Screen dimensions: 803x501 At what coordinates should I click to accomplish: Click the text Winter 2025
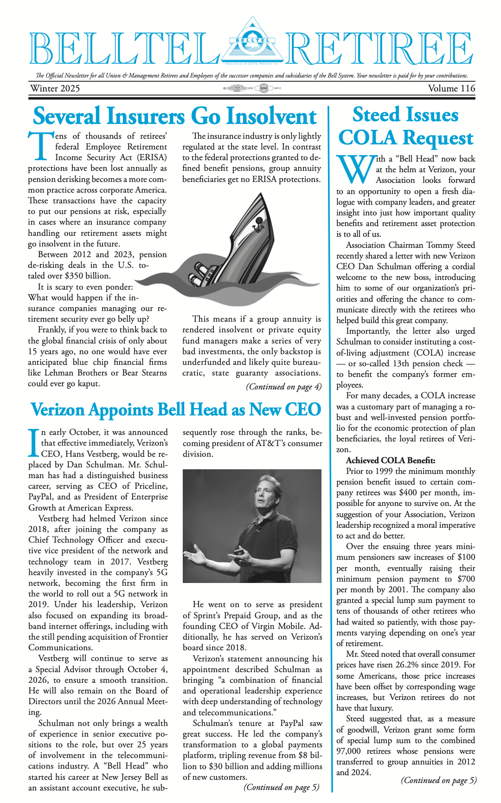coord(55,88)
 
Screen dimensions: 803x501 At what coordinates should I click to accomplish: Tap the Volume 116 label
coord(451,88)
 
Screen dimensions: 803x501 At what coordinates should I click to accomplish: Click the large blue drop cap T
coord(40,148)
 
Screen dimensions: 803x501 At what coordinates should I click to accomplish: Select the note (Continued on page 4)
coord(283,387)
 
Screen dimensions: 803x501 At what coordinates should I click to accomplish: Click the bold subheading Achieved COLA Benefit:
coord(391,460)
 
